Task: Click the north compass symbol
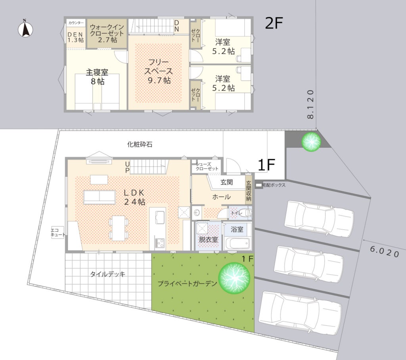tap(25, 29)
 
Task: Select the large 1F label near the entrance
tap(266, 165)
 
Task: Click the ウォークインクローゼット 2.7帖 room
tap(107, 33)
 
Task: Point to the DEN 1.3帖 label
tap(75, 37)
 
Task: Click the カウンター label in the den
tap(76, 23)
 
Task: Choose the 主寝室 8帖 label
tap(97, 77)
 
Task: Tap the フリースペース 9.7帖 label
tap(158, 71)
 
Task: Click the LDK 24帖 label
tap(134, 197)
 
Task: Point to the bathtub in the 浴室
tap(237, 243)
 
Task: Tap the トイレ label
tap(236, 213)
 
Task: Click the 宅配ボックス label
tap(274, 185)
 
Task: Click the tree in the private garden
tap(234, 278)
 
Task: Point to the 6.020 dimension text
tap(384, 252)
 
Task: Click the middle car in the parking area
tap(308, 264)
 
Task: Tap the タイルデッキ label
tap(108, 274)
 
